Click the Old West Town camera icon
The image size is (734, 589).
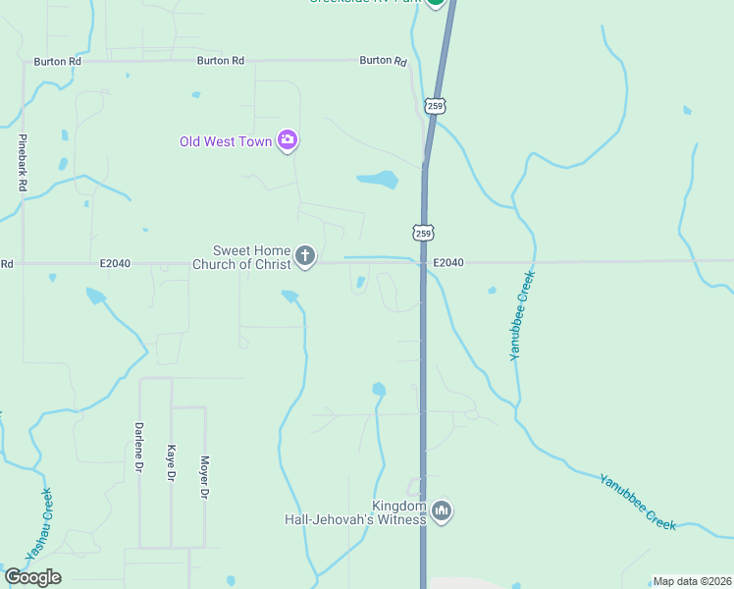[288, 140]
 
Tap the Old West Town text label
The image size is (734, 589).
[225, 141]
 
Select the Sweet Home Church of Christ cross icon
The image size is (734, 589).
[305, 257]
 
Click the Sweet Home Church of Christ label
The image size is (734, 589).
[241, 257]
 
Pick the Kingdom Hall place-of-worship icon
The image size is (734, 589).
[442, 510]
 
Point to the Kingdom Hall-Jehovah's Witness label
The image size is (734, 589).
[356, 511]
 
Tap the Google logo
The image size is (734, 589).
[32, 577]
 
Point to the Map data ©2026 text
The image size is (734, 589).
[692, 581]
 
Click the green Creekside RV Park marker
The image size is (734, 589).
[436, 2]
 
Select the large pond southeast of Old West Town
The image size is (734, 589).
[379, 180]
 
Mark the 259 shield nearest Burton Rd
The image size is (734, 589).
[436, 105]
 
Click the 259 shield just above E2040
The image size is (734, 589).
[422, 233]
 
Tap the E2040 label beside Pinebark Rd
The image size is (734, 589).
[115, 263]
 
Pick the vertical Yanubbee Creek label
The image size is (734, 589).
[522, 315]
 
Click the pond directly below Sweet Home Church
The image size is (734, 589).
[290, 295]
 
